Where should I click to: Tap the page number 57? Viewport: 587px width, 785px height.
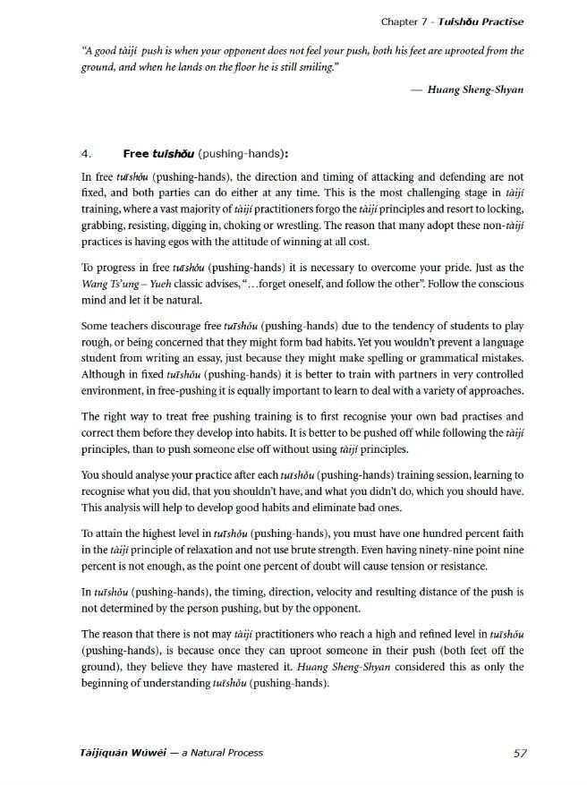pos(521,752)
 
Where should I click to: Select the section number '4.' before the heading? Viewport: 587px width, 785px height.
pos(87,153)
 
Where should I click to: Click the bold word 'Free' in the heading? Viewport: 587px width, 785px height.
pos(136,153)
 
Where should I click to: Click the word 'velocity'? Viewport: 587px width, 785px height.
pos(344,592)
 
